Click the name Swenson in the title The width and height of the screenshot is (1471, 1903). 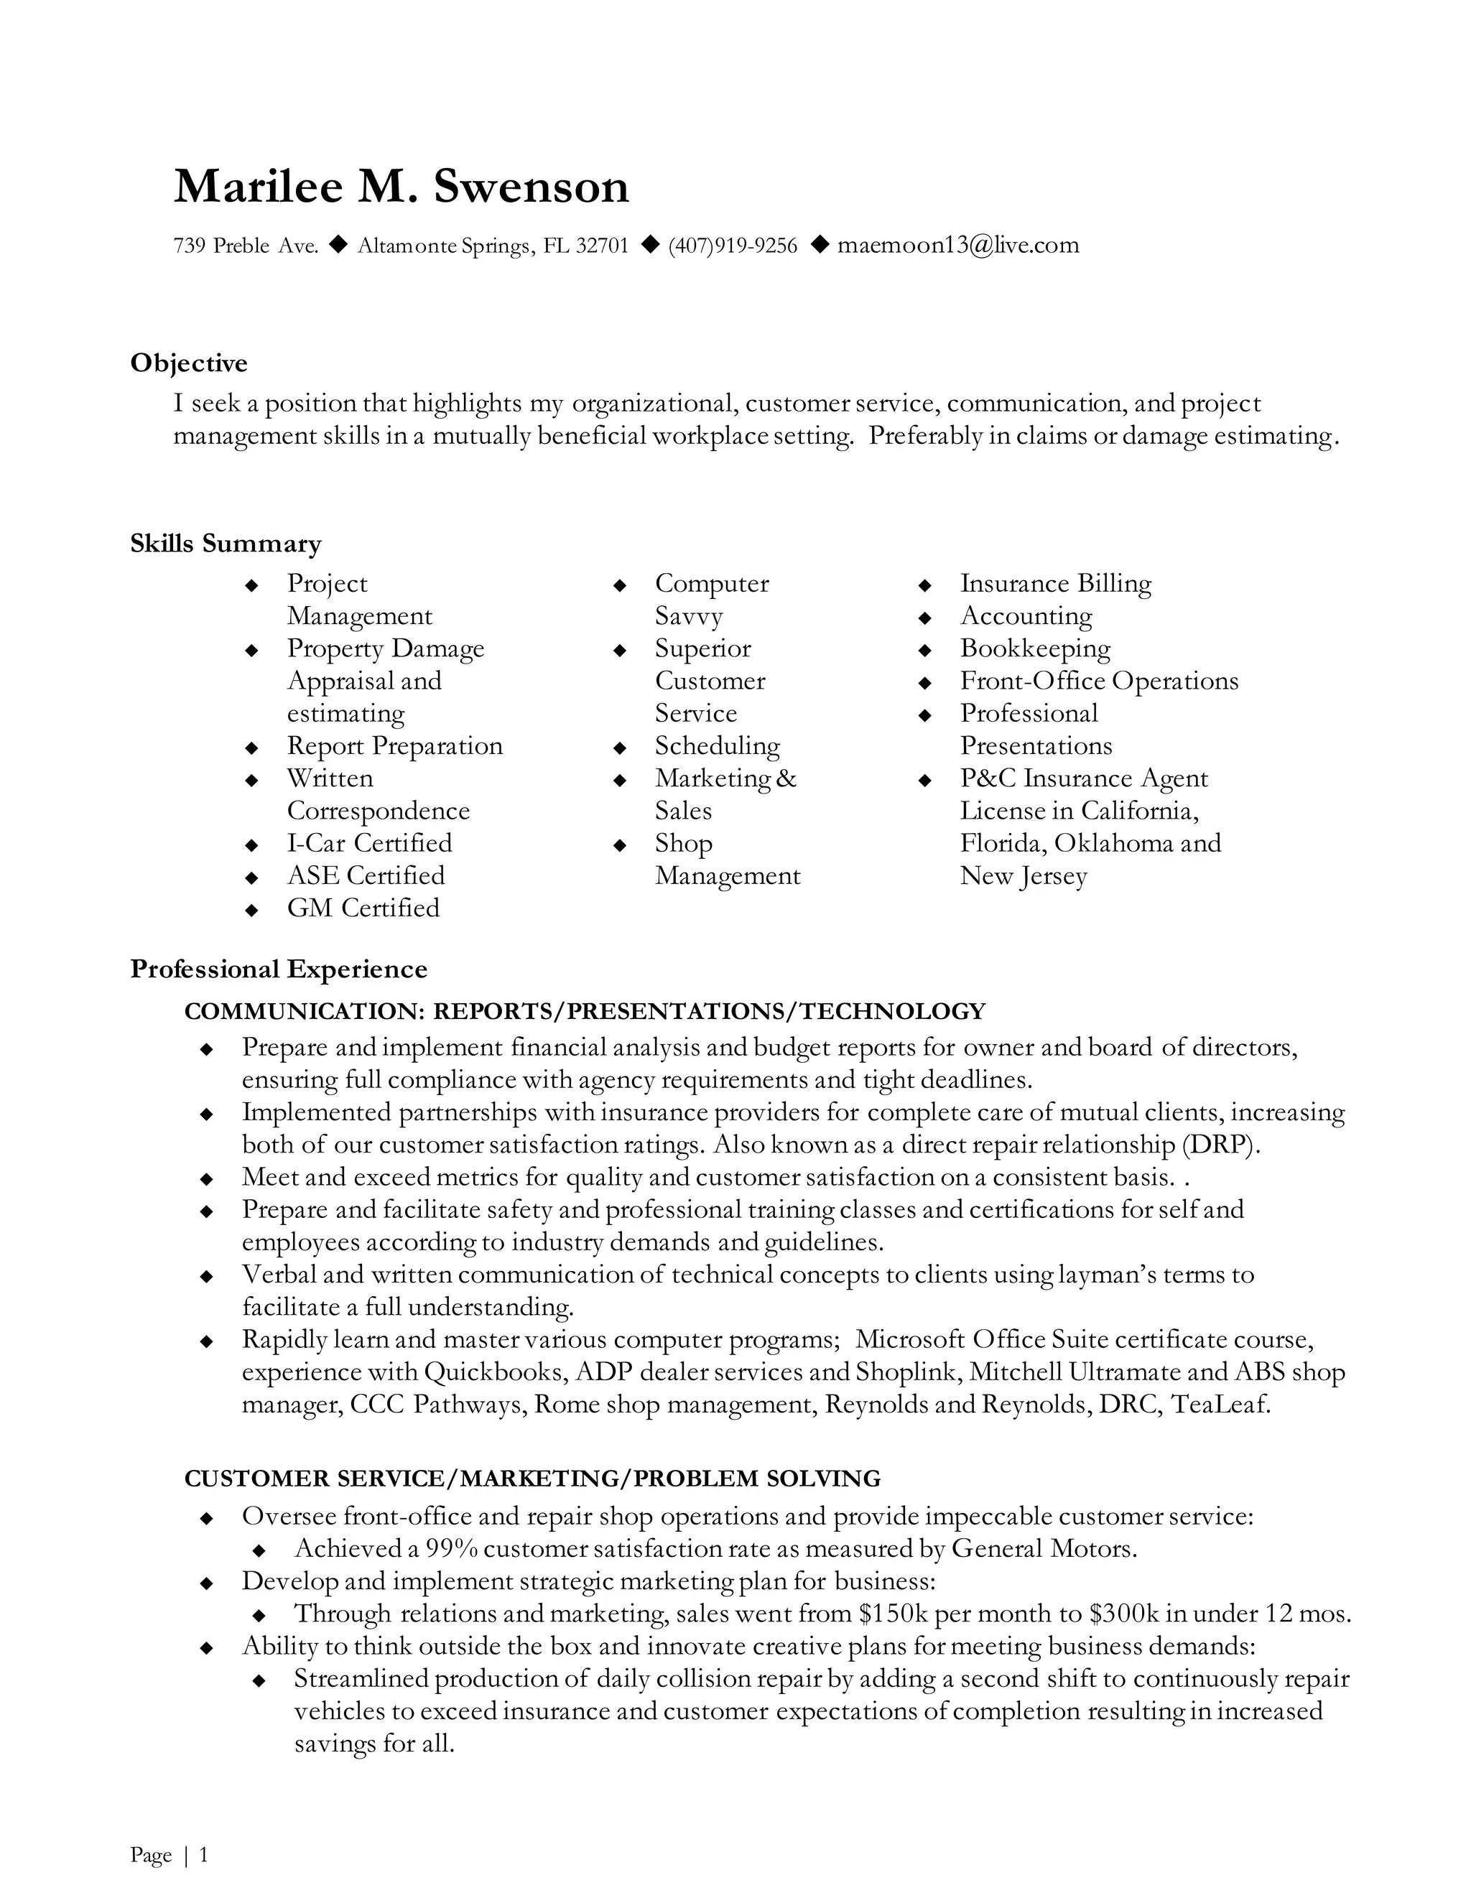pos(531,187)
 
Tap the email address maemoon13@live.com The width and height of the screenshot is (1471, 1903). pos(957,245)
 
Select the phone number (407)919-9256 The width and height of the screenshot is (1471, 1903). pos(732,246)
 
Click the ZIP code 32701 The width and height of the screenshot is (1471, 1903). pos(602,246)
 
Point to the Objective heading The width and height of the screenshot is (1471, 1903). pos(189,363)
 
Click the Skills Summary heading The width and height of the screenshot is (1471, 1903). pos(226,544)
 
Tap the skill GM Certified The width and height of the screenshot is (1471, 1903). pos(363,908)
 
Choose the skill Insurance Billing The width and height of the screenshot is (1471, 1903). pos(1055,583)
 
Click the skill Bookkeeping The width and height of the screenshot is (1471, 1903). pos(1035,648)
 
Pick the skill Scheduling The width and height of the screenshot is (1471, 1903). pos(718,746)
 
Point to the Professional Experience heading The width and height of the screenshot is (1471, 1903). pos(279,969)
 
